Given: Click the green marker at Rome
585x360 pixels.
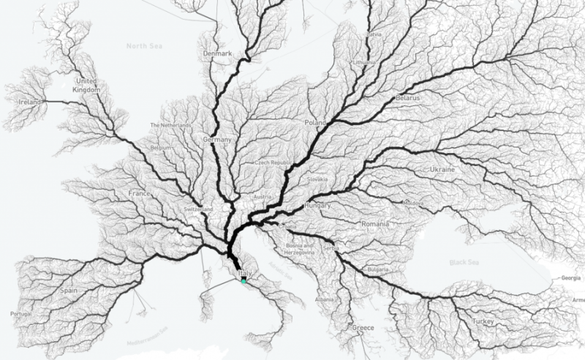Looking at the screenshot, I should tap(244, 280).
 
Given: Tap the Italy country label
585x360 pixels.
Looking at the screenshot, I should tap(245, 272).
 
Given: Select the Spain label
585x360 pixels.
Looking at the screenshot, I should tap(69, 290).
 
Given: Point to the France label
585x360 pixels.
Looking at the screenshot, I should tap(139, 194).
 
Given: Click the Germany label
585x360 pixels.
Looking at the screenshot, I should tap(217, 139).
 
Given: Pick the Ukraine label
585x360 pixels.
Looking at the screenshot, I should tap(442, 170).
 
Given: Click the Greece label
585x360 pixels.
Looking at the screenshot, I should tap(363, 329).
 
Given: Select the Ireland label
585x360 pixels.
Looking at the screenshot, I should tap(30, 103).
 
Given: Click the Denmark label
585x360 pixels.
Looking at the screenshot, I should tap(218, 53).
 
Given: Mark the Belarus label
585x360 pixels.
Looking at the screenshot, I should tap(408, 97).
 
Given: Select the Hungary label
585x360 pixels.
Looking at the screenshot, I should tap(318, 206).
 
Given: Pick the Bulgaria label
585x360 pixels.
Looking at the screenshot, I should tap(378, 269).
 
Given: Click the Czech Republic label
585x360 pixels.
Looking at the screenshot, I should tap(271, 162).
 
